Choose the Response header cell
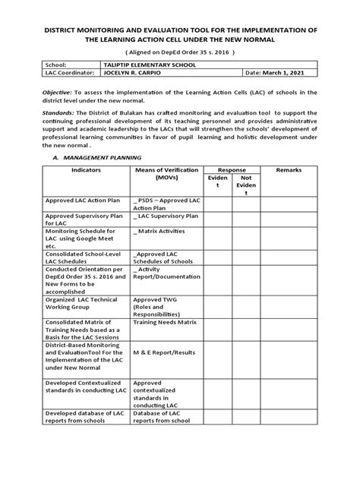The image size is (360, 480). click(x=231, y=170)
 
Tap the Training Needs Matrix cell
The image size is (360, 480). click(x=166, y=322)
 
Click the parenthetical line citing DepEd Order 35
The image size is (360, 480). click(x=180, y=52)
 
